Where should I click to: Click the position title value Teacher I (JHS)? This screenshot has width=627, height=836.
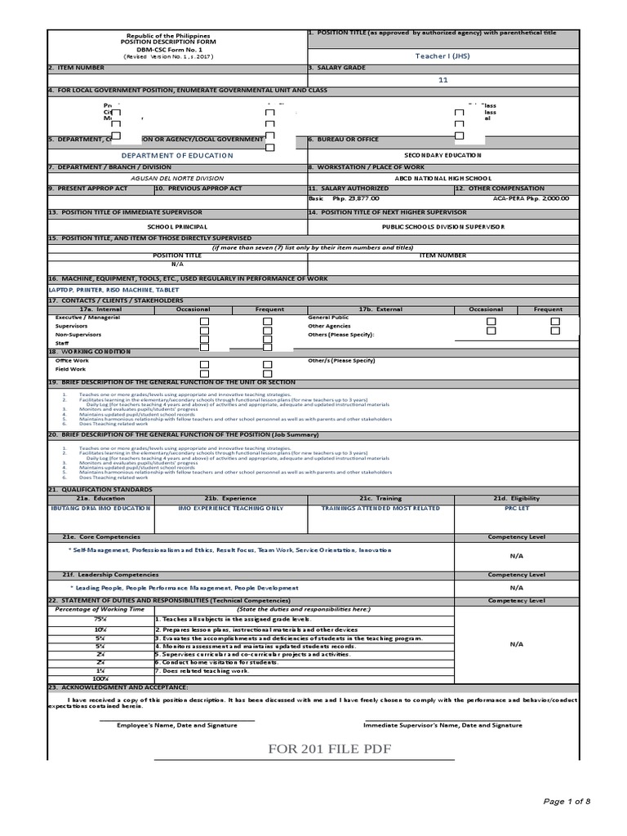[443, 56]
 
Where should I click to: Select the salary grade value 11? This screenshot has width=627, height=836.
[443, 80]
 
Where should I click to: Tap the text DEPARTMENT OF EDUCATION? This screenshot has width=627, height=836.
[177, 155]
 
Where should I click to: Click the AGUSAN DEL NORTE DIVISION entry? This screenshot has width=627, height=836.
[177, 178]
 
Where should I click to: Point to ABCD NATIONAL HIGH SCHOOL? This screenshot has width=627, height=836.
[443, 178]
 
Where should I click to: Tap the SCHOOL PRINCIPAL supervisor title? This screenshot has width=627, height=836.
[177, 226]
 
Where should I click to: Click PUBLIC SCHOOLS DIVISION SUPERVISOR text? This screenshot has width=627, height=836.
[443, 226]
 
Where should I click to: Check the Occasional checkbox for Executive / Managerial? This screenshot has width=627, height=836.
[205, 322]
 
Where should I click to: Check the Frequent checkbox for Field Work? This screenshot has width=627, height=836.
[267, 373]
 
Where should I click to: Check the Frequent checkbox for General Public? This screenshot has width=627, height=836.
[554, 322]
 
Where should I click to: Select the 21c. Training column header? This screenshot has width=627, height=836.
[380, 498]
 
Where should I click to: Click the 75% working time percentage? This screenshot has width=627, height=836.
[100, 620]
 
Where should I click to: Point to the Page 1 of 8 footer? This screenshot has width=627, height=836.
[566, 802]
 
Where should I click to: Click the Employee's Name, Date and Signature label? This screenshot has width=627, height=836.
[177, 724]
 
